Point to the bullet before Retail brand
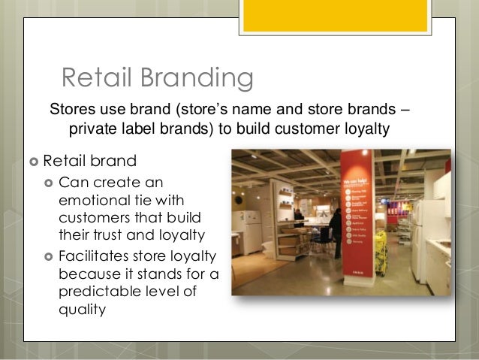pos(32,161)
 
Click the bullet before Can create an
pos(49,183)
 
